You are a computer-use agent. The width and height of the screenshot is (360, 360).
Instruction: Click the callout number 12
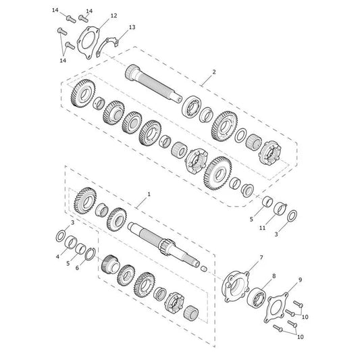[113, 16]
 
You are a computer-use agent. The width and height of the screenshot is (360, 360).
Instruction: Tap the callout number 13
[132, 27]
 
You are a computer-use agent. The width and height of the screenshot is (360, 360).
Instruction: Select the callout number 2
[214, 72]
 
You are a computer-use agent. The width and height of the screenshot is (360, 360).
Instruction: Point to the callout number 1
[149, 195]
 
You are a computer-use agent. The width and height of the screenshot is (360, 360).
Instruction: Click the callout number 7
[261, 257]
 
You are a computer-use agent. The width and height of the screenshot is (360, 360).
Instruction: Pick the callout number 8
[274, 276]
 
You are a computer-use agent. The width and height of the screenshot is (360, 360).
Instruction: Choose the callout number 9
[300, 280]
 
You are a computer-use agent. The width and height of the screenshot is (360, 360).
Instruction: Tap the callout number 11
[262, 228]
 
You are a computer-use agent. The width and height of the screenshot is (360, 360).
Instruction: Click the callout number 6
[77, 267]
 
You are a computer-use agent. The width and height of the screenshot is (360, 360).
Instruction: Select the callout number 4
[57, 256]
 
